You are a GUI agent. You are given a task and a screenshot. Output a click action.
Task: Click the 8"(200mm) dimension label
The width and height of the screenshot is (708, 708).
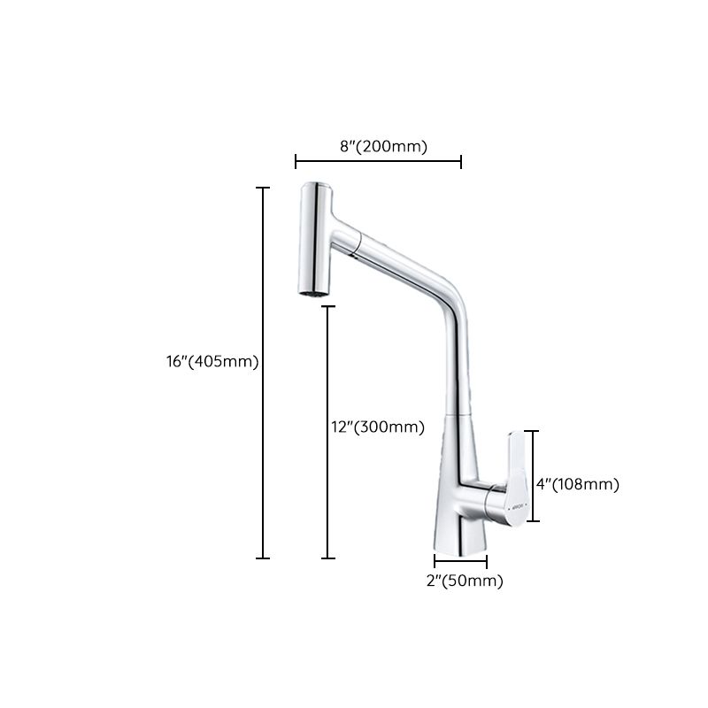(x=383, y=147)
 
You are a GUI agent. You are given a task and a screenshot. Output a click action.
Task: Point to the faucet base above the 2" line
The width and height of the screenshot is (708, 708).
(x=460, y=535)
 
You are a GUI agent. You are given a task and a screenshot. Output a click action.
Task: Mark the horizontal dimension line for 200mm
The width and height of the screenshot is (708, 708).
(x=378, y=161)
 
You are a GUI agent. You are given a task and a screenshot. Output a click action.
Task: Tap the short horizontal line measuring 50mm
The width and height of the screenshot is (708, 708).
(x=460, y=560)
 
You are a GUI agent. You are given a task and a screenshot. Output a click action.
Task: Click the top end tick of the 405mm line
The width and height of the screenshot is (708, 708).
(x=263, y=188)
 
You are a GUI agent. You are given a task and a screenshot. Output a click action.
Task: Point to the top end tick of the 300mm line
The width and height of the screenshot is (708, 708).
(x=328, y=306)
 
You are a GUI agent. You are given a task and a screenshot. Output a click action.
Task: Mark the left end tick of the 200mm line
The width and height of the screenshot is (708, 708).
(x=296, y=161)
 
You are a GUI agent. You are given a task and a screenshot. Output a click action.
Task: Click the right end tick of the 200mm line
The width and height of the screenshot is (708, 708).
(x=461, y=161)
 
